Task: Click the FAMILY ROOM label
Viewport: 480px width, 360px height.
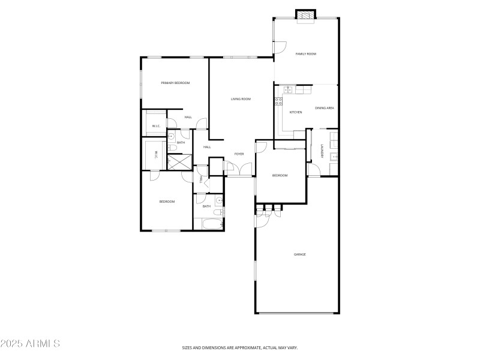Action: (305, 54)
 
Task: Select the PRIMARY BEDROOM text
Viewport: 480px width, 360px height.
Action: (175, 83)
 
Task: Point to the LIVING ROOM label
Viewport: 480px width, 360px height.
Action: (241, 99)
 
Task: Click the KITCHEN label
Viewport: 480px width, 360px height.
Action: (296, 112)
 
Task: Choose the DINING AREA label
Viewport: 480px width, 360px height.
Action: (324, 108)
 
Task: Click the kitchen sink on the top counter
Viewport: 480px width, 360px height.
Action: (287, 90)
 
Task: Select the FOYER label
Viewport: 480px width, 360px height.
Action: (239, 154)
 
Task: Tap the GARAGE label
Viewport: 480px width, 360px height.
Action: (299, 254)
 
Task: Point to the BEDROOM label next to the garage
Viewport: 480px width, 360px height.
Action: (280, 175)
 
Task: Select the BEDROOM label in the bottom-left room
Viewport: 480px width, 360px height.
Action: (167, 202)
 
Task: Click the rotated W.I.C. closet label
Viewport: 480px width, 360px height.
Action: (155, 154)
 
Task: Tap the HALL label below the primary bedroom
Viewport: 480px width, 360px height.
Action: (188, 117)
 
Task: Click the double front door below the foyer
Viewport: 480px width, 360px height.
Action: (239, 176)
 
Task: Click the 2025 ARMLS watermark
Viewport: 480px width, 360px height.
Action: (30, 344)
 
